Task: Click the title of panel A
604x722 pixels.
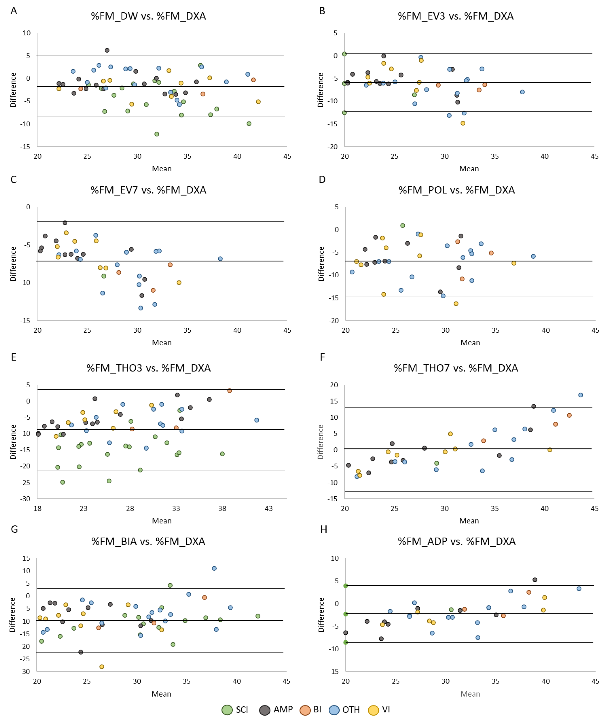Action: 148,16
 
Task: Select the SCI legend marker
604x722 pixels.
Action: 227,710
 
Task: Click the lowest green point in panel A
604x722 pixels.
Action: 157,134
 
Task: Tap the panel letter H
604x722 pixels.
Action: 324,529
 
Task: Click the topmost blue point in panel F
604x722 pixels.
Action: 581,395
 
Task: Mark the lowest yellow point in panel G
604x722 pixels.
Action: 102,667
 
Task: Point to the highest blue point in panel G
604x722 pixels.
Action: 214,568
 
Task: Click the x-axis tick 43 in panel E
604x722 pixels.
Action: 269,509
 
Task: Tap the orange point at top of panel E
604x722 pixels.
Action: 230,391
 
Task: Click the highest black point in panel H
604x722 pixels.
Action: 535,580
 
